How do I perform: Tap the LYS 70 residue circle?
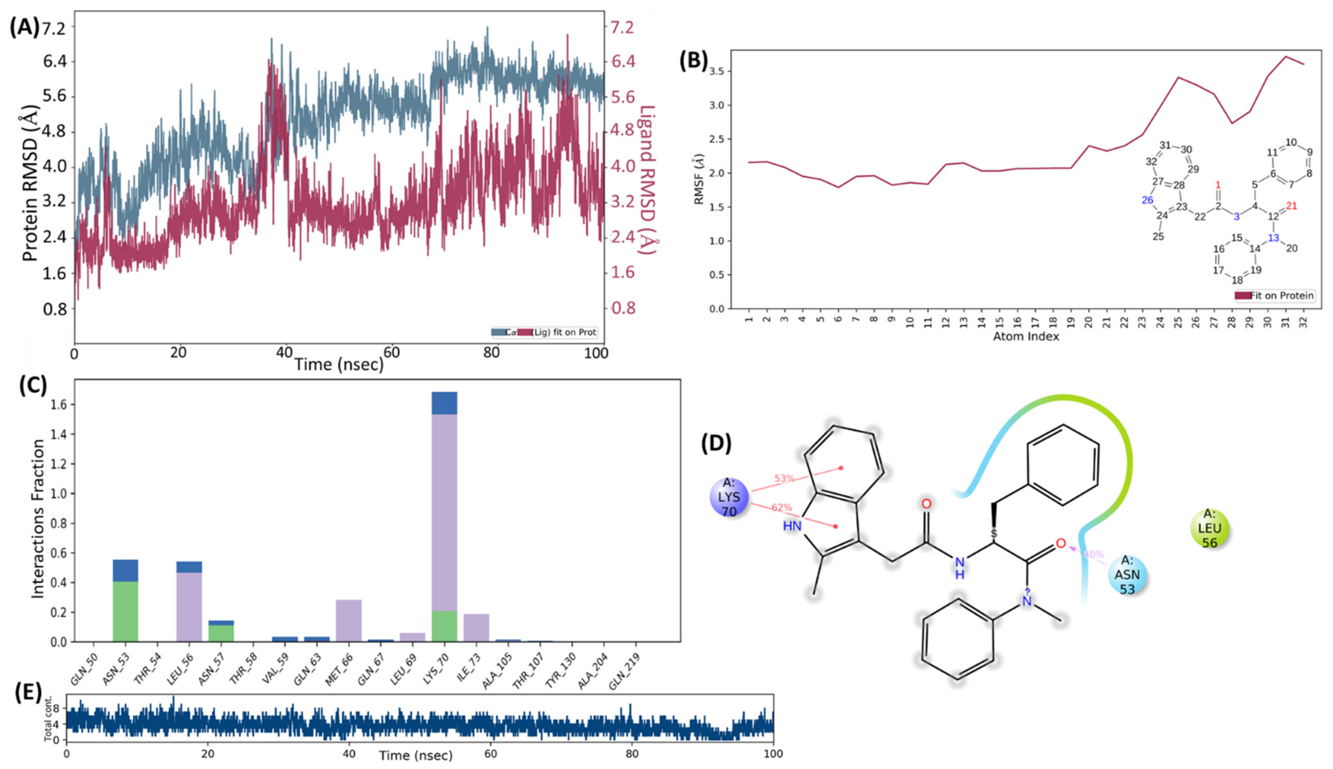(729, 497)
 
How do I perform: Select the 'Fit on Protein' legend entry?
(1274, 296)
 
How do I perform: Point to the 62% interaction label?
(782, 507)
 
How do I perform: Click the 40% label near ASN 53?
(1093, 554)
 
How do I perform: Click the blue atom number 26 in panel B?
(1147, 200)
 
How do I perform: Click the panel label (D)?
(716, 444)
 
